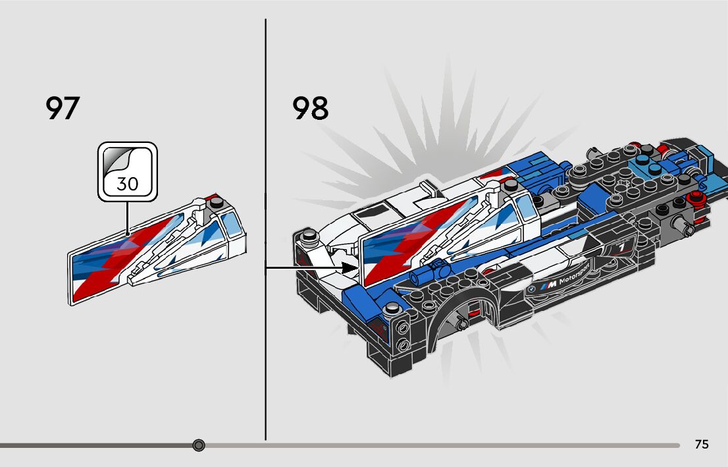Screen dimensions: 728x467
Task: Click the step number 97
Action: coord(63,108)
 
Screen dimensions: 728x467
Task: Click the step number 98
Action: coord(311,108)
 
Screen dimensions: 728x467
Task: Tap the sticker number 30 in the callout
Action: coord(128,184)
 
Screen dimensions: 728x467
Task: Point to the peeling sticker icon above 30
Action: coord(128,161)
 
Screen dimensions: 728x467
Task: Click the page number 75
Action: coord(702,445)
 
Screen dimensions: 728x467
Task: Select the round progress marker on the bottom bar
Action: coord(199,445)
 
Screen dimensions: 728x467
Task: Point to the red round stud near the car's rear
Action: coord(692,198)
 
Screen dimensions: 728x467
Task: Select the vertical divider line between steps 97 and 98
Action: coord(265,231)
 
